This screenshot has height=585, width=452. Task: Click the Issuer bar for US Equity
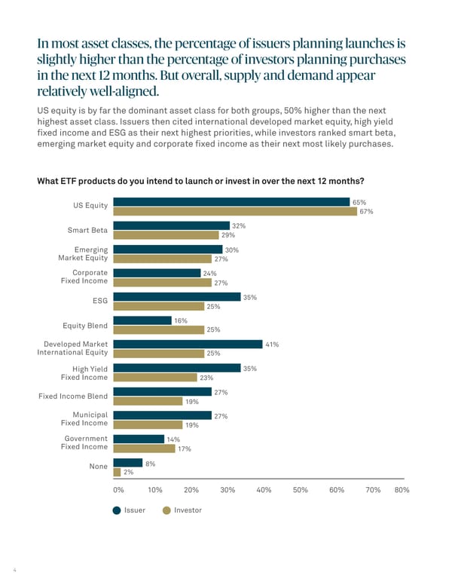pos(231,202)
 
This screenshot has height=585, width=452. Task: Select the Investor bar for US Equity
pos(235,212)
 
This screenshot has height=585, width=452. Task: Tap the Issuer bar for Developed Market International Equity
pos(188,344)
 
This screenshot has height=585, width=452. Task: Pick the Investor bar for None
pos(116,472)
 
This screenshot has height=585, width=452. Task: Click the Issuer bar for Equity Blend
pos(142,320)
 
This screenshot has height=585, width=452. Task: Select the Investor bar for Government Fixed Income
pos(143,449)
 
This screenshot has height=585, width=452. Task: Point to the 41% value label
pos(272,345)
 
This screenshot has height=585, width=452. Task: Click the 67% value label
pos(367,212)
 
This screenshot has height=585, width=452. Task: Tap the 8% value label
pos(150,464)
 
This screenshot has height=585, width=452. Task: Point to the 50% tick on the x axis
pos(300,490)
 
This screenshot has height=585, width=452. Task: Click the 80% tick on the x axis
pos(402,490)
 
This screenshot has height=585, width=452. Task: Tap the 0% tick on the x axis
pos(118,490)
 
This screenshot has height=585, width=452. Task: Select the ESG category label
pos(99,302)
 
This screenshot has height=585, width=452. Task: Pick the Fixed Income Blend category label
pos(73,397)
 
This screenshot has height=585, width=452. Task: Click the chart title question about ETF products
pos(200,182)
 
